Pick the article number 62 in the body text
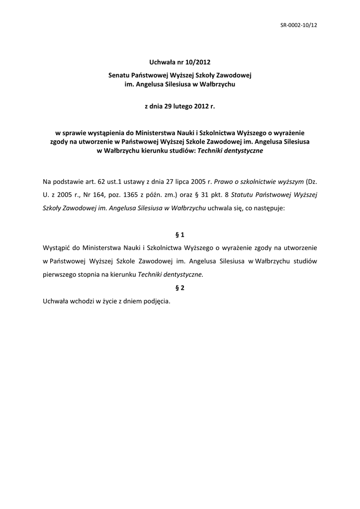point(97,182)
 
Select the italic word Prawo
point(223,182)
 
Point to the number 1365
point(132,195)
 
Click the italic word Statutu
point(244,195)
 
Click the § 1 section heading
point(180,234)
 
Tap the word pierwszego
point(60,273)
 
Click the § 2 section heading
point(180,287)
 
